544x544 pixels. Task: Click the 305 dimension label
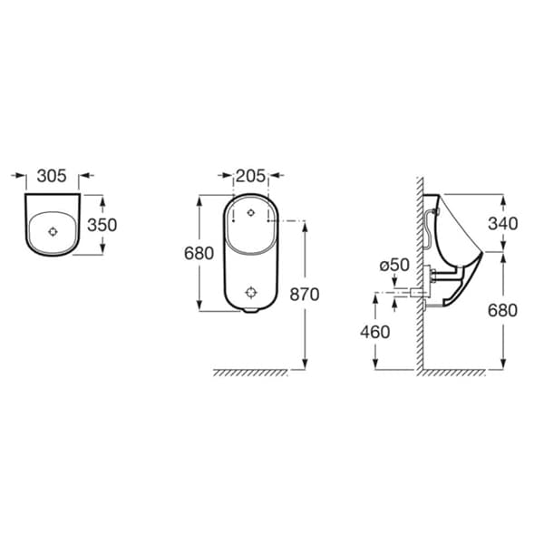click(52, 176)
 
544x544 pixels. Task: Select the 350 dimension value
click(102, 225)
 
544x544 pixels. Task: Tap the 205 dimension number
click(251, 176)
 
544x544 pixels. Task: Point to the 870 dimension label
click(305, 295)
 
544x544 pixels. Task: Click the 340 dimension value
click(502, 223)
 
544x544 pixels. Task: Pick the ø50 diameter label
click(394, 266)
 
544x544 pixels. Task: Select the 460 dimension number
click(375, 332)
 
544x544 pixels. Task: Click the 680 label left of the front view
click(199, 254)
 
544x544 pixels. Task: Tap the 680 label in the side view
click(502, 310)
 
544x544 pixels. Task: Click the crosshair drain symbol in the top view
click(53, 231)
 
